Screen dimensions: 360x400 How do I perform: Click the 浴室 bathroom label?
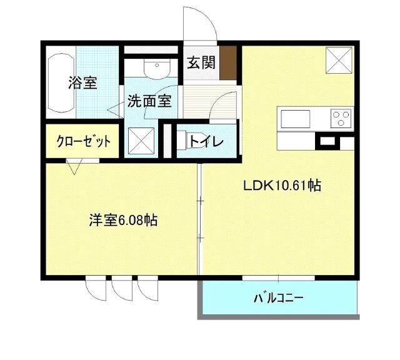click(82, 82)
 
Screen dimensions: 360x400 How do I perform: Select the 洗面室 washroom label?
click(150, 101)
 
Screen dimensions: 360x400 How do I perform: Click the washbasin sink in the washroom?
click(152, 67)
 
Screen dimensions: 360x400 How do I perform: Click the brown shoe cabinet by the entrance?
click(230, 62)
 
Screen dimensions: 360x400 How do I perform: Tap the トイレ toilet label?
click(206, 141)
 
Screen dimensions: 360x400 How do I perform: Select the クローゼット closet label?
click(84, 141)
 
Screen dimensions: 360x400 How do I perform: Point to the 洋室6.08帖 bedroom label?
click(122, 220)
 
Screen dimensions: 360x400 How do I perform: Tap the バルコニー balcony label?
click(278, 297)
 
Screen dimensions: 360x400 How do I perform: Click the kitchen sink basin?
click(296, 118)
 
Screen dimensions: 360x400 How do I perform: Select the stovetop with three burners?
click(341, 117)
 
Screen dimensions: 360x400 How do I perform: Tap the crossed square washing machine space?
click(141, 141)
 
